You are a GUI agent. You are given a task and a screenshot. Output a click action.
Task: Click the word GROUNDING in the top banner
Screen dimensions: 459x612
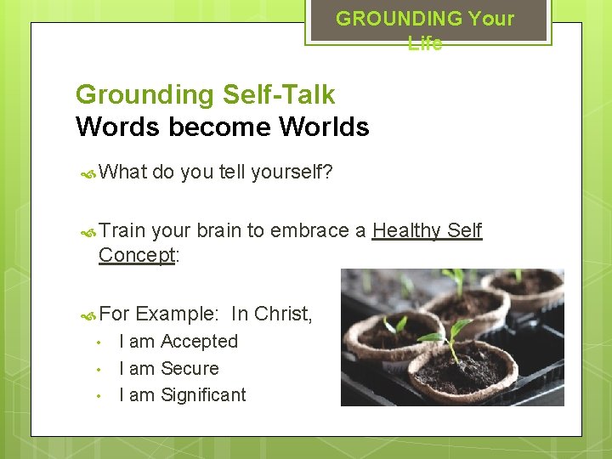pos(388,18)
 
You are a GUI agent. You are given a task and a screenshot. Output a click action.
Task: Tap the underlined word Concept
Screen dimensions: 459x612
pos(137,254)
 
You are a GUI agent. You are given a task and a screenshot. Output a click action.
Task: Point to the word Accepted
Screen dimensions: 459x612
pos(199,342)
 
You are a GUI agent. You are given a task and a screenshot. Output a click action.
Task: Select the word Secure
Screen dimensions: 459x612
pos(190,369)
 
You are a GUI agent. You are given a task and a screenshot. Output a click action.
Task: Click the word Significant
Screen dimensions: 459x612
pos(203,395)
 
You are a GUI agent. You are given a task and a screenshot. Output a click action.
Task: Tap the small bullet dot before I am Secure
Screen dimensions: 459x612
pos(99,369)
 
